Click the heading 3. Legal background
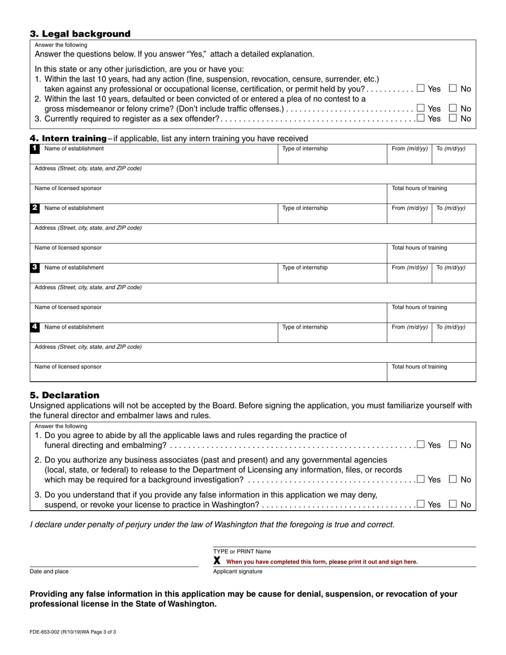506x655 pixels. tap(80, 34)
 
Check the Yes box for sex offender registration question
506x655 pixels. tap(421, 118)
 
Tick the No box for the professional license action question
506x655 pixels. tap(453, 88)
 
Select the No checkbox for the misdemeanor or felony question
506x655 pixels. tap(453, 109)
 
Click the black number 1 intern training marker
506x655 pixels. tap(35, 149)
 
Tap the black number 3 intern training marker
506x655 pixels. tap(35, 267)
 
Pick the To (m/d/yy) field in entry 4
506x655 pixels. tap(453, 333)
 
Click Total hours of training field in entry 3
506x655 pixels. tap(431, 313)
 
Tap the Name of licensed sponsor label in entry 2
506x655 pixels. tap(68, 248)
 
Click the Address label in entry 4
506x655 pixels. tap(88, 347)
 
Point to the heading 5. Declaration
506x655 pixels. tap(64, 395)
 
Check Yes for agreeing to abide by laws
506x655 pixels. tap(421, 445)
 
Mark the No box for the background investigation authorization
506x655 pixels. tap(453, 479)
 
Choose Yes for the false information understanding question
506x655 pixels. tap(421, 504)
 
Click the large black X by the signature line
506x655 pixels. tap(217, 561)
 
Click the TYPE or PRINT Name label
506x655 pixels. tap(242, 552)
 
